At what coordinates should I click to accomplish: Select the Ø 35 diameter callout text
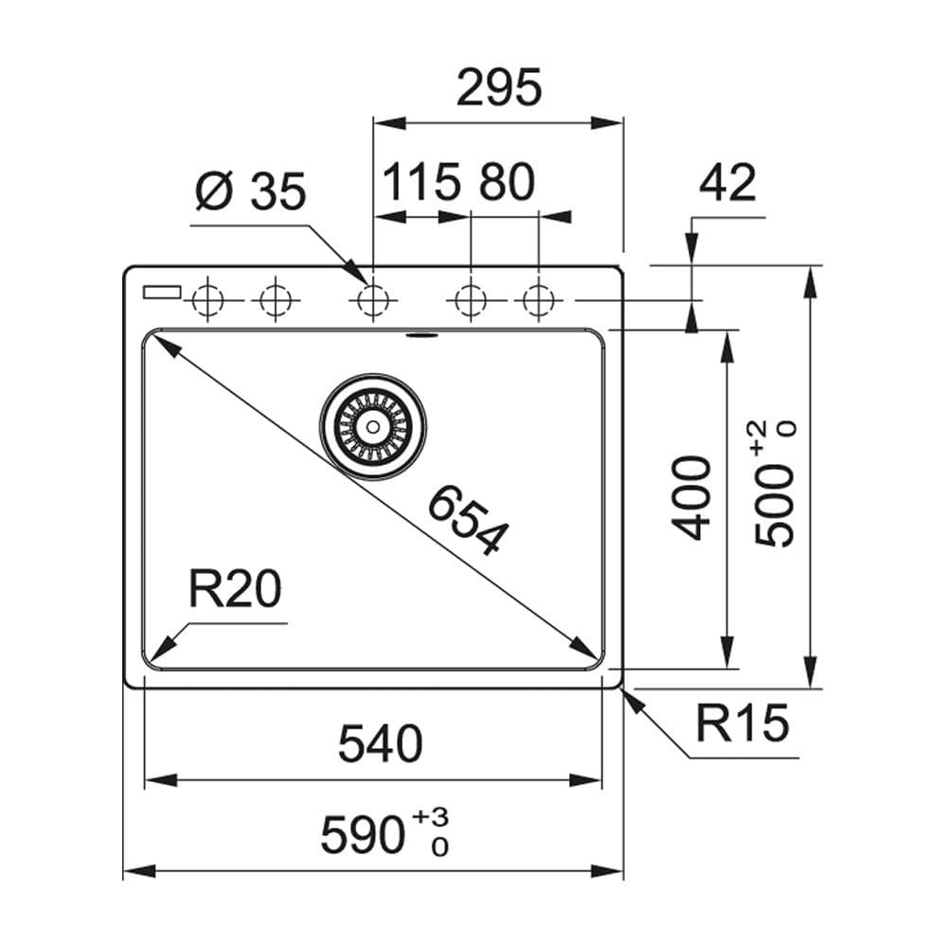tap(250, 192)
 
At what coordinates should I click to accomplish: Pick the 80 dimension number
tap(506, 183)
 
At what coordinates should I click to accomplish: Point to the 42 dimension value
tap(727, 183)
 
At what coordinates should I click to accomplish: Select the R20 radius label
tap(234, 591)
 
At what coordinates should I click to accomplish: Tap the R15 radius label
tap(742, 724)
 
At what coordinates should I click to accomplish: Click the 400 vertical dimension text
tap(694, 497)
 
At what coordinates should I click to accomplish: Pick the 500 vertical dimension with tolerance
tap(776, 485)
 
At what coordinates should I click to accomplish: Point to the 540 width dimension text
tap(381, 744)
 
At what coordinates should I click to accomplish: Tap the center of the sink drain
tap(372, 427)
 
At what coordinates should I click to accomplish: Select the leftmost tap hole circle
tap(206, 301)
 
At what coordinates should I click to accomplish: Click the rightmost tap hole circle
tap(538, 301)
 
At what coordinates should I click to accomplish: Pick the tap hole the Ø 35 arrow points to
tap(372, 301)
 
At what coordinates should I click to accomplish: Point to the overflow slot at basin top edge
tap(418, 333)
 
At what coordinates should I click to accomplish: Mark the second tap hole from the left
tap(275, 301)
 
